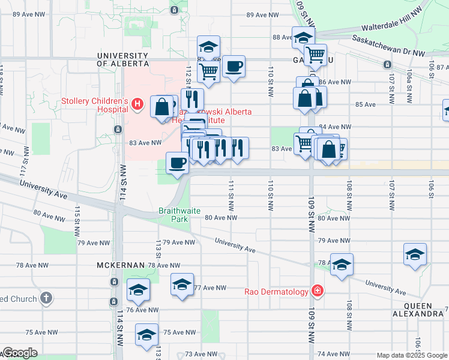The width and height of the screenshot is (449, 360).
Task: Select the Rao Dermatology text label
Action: coord(277,292)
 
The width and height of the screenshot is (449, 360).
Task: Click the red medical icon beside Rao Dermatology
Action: coord(317,292)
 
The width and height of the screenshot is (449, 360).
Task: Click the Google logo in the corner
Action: coord(20,353)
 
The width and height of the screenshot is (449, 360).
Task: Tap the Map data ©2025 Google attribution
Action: coord(412,355)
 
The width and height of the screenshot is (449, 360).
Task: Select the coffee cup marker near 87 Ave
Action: coord(234,66)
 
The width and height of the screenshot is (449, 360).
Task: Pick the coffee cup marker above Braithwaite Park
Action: coord(177,163)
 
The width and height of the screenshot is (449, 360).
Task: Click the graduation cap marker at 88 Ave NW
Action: coord(304,37)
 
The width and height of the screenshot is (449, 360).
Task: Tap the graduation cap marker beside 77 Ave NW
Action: coord(182,284)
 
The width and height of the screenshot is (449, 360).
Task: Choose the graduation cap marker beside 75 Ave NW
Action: coord(146,334)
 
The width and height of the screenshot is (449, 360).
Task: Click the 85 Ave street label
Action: coord(365,104)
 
